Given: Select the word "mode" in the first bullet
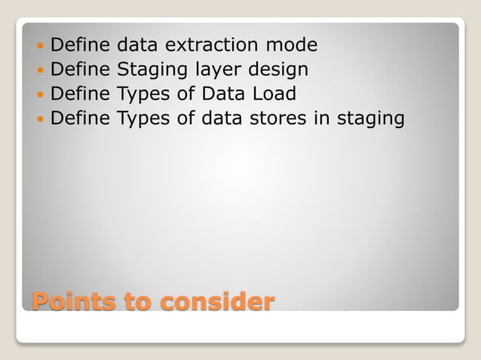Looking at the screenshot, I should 293,46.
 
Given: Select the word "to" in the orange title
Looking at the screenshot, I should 139,303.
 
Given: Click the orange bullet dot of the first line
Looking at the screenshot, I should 40,47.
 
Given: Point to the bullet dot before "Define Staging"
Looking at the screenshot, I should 40,71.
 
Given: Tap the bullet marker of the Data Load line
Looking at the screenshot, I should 40,95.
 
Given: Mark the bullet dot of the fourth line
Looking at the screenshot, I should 40,119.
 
